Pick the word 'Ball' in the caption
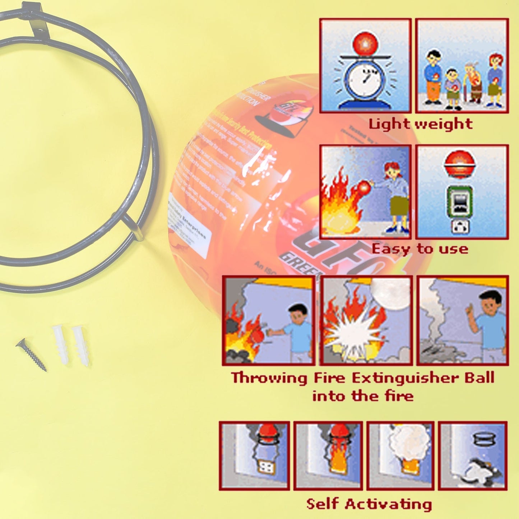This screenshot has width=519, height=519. pos(479,378)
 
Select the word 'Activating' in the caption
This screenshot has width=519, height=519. pos(389,504)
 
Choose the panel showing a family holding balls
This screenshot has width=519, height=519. pos(462,65)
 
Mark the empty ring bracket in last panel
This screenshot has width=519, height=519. pos(485,439)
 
